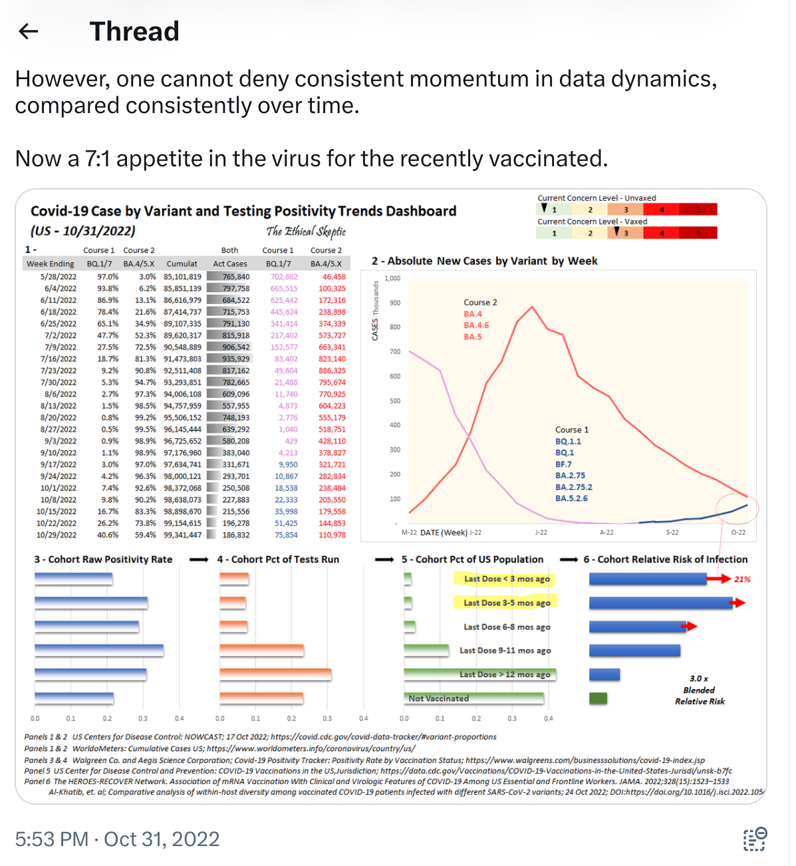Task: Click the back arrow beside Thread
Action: click(29, 31)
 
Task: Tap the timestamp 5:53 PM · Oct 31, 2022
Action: click(117, 839)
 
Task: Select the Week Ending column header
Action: click(51, 264)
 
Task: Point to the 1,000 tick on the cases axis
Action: click(392, 279)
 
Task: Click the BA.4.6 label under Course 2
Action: click(476, 325)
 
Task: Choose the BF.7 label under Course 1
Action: click(563, 464)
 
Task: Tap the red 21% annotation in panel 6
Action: click(742, 579)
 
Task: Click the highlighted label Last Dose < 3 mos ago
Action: click(507, 579)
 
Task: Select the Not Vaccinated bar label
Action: click(439, 698)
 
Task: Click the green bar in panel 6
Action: click(598, 699)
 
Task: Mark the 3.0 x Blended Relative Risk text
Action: click(700, 690)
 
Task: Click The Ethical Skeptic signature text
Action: click(306, 231)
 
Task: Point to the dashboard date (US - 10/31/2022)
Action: click(83, 231)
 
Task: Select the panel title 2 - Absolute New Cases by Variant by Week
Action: click(484, 261)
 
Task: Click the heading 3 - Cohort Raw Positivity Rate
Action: click(103, 560)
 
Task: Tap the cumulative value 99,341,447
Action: click(182, 535)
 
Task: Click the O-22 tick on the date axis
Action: click(738, 532)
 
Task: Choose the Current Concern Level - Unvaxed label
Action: click(597, 198)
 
